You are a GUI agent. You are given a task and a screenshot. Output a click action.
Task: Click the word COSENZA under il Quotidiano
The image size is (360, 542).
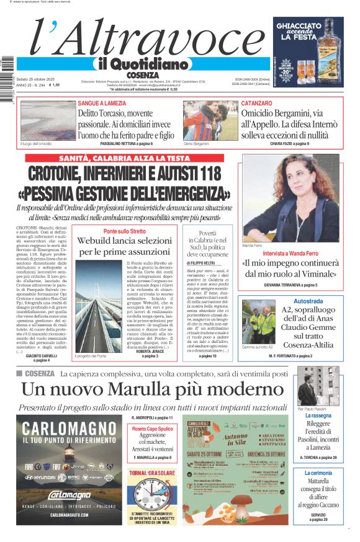[x=143, y=74]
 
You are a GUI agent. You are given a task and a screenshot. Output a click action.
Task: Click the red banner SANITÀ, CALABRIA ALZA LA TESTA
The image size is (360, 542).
[x=125, y=158]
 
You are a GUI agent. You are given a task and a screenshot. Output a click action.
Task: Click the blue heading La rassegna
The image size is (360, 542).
[x=317, y=415]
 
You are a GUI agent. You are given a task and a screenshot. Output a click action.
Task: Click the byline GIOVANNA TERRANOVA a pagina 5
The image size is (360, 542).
[x=290, y=285]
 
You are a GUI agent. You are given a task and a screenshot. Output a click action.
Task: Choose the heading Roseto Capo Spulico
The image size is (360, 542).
[x=152, y=429]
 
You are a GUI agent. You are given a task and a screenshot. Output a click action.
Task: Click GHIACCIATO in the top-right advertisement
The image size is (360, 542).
[x=308, y=27]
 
